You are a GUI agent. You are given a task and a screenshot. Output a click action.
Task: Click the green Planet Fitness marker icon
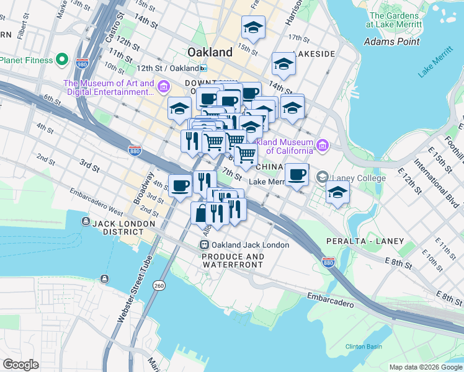[x=61, y=60]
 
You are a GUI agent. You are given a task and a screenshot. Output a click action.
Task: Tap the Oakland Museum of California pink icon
[x=322, y=146]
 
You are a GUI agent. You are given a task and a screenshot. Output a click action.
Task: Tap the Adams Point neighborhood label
[x=391, y=42]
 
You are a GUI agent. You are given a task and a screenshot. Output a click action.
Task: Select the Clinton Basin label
[x=364, y=346]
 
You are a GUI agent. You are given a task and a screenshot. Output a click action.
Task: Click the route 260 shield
[x=159, y=285]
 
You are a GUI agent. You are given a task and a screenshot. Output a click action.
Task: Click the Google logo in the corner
[x=21, y=365]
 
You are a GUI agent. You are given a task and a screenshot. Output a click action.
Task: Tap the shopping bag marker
[x=200, y=215]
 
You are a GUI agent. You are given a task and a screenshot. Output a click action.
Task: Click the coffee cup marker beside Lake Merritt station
[x=297, y=175]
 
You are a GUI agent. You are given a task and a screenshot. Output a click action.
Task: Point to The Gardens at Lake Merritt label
[x=395, y=19]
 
